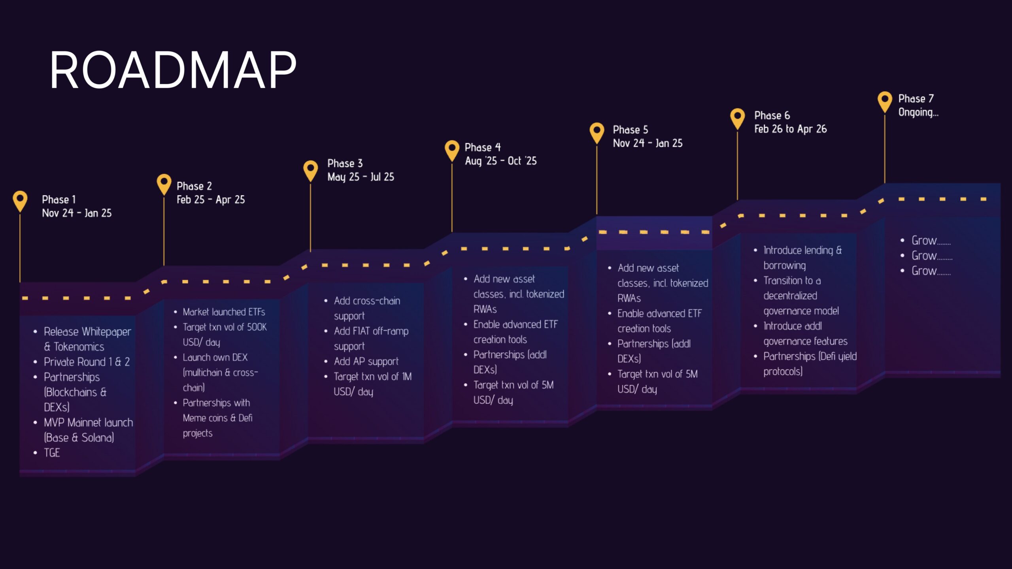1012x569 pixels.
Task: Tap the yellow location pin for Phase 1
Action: click(20, 200)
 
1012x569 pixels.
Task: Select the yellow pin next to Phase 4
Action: click(452, 149)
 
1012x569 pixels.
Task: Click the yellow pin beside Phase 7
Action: click(885, 101)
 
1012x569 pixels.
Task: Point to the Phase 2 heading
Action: click(194, 186)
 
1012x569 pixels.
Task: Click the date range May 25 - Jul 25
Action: click(361, 177)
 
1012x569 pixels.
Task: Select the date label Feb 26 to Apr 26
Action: click(790, 129)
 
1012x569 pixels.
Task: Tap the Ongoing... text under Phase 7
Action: click(918, 112)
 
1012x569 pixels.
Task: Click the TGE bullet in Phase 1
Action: click(52, 453)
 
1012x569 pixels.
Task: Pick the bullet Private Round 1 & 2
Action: click(87, 362)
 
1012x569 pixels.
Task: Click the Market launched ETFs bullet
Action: click(224, 312)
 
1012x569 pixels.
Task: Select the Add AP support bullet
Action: click(366, 362)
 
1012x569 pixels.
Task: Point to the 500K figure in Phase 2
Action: click(257, 327)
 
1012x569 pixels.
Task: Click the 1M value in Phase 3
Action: click(407, 377)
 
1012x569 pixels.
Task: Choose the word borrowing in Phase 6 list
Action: click(784, 266)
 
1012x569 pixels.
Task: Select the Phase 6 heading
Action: click(772, 115)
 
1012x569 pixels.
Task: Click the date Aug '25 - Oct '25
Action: click(500, 161)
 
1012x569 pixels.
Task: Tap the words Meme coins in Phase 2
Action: click(205, 418)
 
